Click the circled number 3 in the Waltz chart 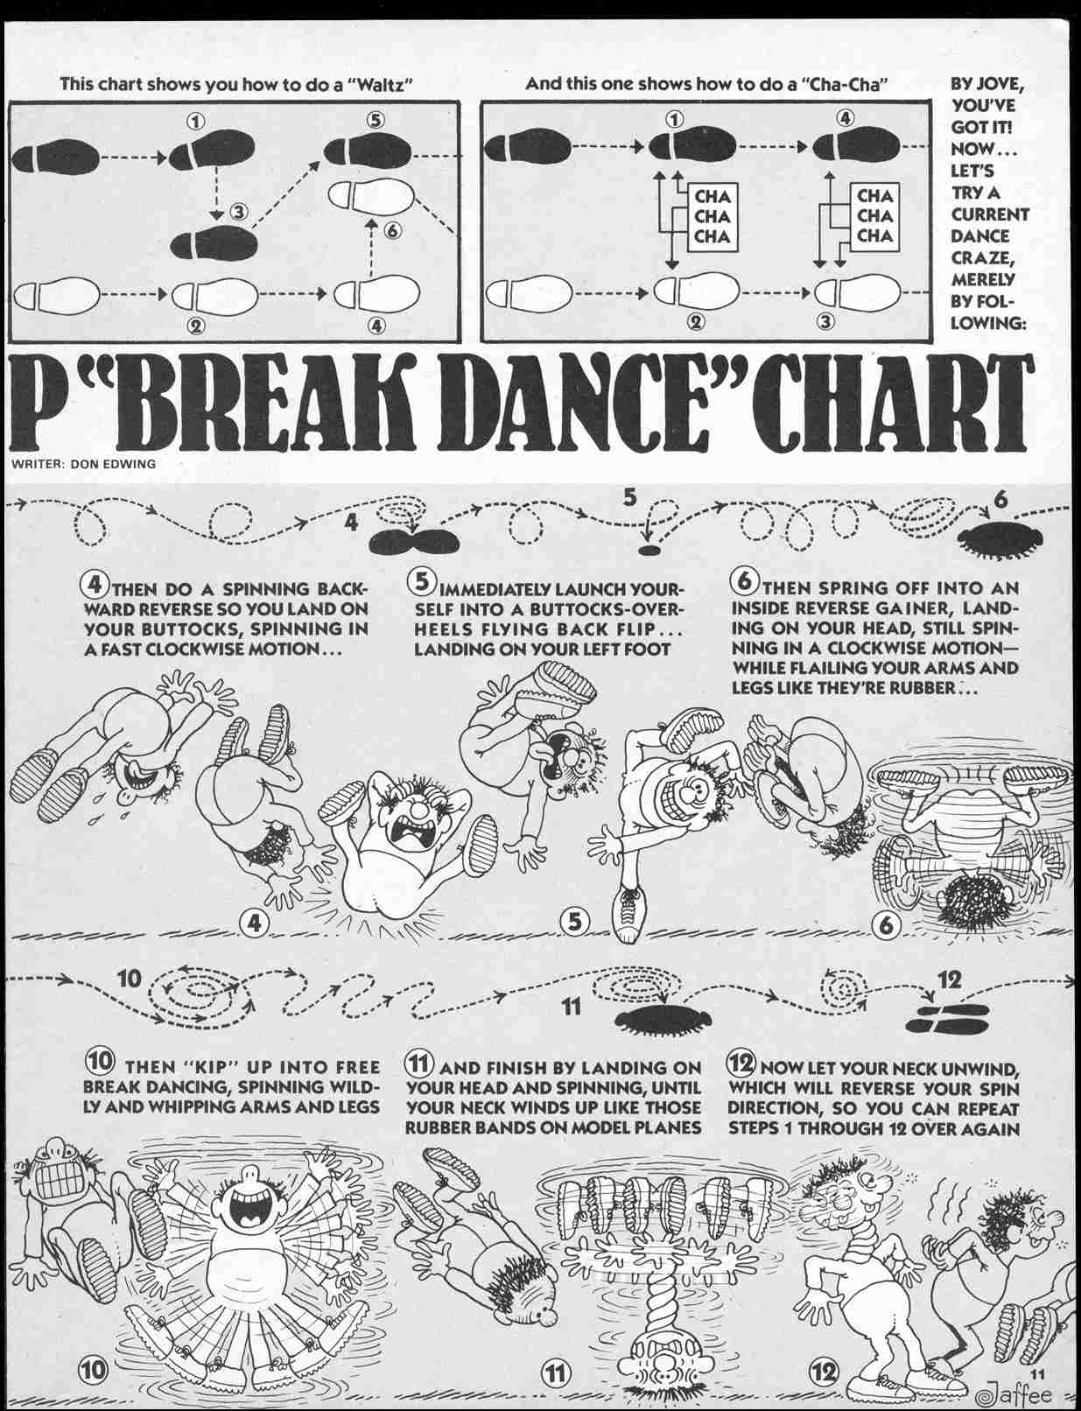(240, 212)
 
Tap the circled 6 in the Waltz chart (392, 230)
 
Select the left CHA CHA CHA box (712, 217)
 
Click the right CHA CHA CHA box (874, 216)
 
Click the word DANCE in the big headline (587, 404)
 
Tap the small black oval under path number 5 (649, 550)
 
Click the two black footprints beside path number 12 (946, 1020)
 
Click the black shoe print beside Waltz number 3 (214, 244)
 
